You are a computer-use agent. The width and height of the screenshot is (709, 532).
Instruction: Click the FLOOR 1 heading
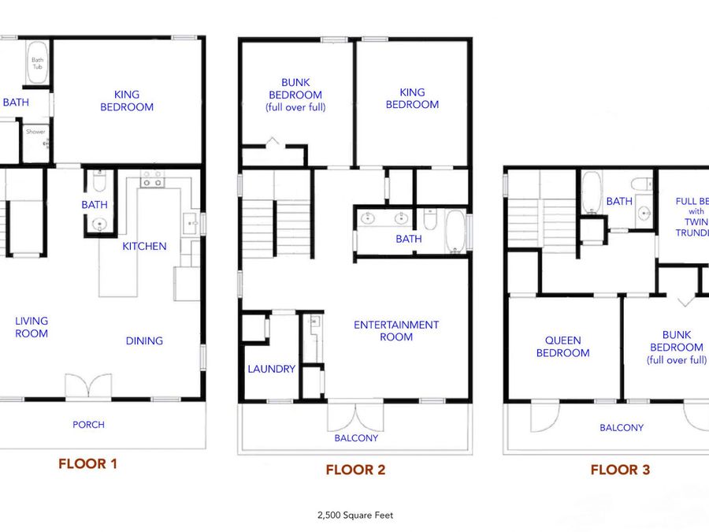(87, 463)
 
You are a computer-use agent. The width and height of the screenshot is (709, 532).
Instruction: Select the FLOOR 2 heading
(355, 470)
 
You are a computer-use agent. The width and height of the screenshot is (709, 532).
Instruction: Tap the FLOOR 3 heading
(620, 470)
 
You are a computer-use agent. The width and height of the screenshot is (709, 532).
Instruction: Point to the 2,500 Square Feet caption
(355, 515)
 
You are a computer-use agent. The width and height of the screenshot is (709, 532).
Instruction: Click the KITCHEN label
(144, 246)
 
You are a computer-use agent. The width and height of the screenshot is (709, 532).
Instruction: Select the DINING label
(144, 340)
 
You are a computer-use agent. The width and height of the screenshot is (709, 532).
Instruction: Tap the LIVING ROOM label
(32, 327)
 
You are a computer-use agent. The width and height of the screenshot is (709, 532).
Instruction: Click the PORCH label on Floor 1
(88, 424)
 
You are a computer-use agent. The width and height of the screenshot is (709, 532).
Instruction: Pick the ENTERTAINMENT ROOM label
(396, 331)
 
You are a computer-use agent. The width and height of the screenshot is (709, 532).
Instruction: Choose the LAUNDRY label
(271, 369)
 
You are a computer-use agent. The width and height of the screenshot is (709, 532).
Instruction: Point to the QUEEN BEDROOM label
(563, 347)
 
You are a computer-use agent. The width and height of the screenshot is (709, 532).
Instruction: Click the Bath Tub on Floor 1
(37, 63)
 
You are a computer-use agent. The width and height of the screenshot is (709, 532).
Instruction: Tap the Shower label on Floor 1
(35, 132)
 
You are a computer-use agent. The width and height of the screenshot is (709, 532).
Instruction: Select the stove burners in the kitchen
(152, 179)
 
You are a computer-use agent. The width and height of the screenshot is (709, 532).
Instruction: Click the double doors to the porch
(88, 386)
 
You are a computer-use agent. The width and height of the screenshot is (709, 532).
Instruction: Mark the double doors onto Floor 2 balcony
(355, 415)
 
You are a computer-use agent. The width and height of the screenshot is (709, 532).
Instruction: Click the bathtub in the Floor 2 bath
(455, 231)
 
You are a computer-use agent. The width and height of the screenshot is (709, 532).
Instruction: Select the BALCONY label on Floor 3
(622, 427)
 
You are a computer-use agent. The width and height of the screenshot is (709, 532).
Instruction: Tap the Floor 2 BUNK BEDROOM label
(295, 95)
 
